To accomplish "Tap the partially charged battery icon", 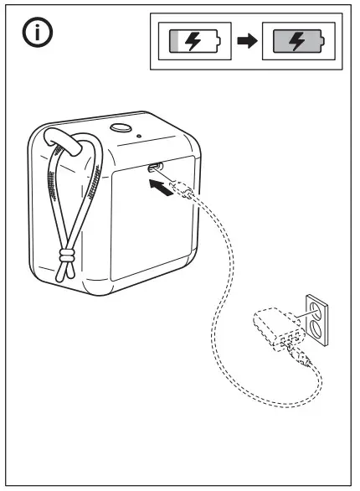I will pyautogui.click(x=194, y=41).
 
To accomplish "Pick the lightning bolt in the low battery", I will pyautogui.click(x=193, y=41).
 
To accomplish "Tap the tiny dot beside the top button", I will pyautogui.click(x=138, y=135).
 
